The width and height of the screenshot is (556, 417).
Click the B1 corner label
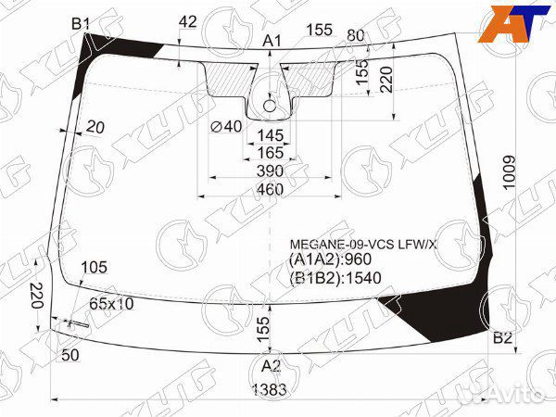81,24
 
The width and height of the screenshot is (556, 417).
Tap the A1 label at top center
272,41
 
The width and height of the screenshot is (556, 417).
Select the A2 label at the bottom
271,366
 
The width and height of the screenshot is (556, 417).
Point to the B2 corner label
503,338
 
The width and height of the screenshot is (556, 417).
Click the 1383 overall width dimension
270,390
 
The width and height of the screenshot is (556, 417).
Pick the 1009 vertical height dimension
511,172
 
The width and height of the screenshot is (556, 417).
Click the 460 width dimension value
270,190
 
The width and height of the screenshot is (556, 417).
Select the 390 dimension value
271,171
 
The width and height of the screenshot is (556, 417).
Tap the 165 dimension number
271,153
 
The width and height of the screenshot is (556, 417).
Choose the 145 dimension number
271,135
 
